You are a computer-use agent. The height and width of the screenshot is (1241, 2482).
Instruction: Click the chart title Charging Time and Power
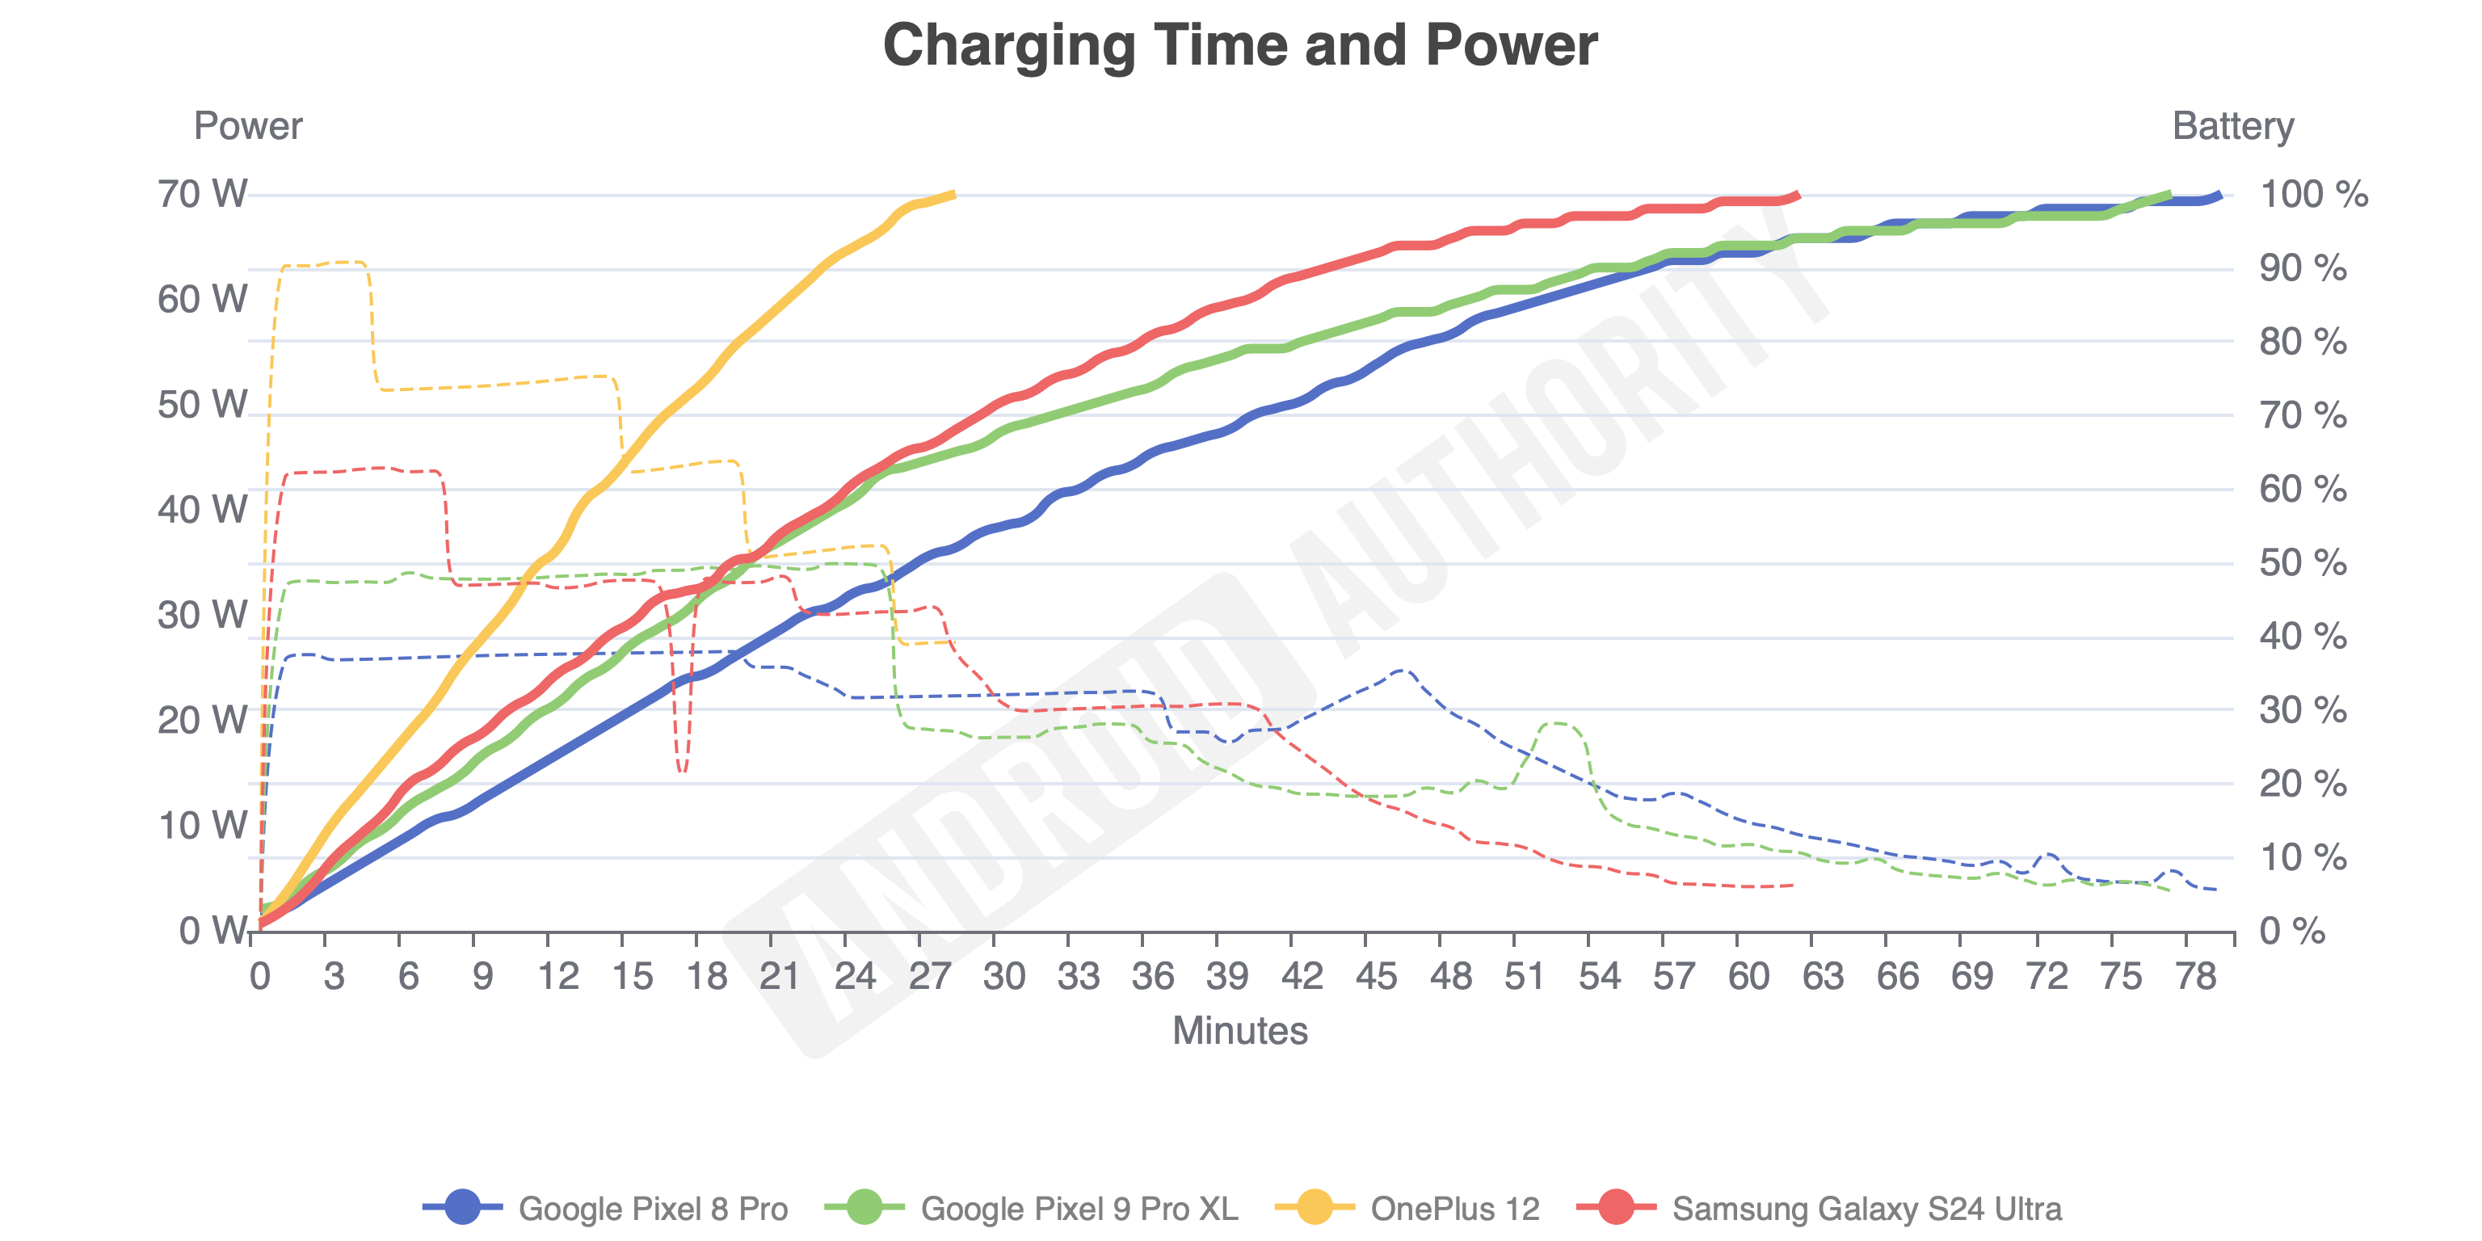click(x=1240, y=45)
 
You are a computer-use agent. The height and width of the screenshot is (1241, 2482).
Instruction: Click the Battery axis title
click(x=2232, y=126)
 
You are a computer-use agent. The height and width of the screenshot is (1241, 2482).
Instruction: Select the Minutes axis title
click(x=1240, y=1031)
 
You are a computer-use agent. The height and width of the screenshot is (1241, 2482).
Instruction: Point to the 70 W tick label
click(x=202, y=195)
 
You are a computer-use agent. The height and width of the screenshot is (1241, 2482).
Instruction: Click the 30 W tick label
click(x=202, y=615)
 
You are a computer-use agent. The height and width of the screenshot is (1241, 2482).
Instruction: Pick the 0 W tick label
click(x=214, y=931)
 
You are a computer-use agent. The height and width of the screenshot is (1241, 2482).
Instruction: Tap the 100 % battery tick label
click(x=2313, y=195)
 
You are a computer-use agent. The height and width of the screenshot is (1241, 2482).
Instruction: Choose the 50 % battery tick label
click(x=2303, y=564)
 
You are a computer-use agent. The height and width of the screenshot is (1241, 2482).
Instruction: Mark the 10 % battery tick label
click(x=2303, y=857)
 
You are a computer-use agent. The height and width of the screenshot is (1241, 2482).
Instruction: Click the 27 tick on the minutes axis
click(x=929, y=977)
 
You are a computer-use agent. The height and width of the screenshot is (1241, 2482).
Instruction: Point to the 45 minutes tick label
click(x=1376, y=977)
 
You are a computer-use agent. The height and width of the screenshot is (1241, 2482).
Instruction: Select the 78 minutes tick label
click(x=2196, y=977)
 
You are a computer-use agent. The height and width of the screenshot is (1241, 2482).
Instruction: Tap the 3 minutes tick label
click(x=334, y=977)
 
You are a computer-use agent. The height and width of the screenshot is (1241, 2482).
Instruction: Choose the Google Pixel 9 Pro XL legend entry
click(x=1032, y=1208)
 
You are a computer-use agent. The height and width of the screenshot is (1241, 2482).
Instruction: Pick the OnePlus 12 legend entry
click(x=1407, y=1208)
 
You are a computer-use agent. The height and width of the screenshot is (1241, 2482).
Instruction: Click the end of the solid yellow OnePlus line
click(x=953, y=195)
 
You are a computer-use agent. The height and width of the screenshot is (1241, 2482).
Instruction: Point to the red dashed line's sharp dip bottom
click(x=682, y=770)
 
